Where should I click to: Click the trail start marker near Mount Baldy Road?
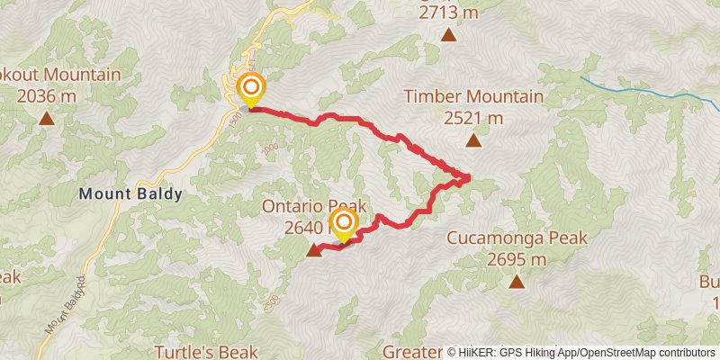[251, 88]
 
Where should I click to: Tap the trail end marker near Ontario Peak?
[343, 222]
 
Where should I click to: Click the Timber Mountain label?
[473, 96]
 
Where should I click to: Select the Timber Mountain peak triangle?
[473, 139]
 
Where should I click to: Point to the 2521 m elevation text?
[473, 117]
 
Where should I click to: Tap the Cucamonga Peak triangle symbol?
[517, 282]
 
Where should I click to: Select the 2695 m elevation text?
[517, 259]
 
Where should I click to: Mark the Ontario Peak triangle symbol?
[313, 250]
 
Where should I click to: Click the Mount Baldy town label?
[130, 193]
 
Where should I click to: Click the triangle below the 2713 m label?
[448, 35]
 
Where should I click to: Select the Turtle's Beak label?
[206, 351]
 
